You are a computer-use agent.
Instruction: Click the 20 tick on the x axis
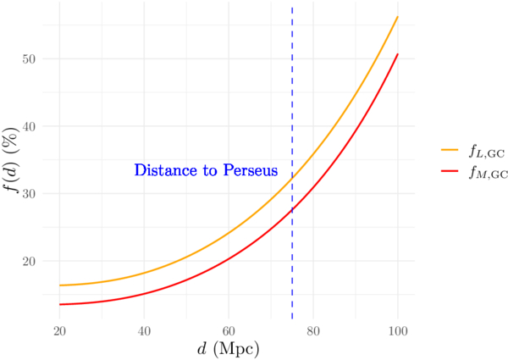coord(59,329)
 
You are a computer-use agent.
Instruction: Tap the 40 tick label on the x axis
coord(144,329)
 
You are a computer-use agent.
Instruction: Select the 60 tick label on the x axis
coord(229,329)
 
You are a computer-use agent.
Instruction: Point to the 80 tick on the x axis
coord(313,329)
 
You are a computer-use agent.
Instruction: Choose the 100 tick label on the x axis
coord(398,329)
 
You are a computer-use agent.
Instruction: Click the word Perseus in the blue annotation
coord(251,171)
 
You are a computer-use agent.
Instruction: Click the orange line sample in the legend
coord(450,150)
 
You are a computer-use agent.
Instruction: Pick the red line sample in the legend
coord(450,172)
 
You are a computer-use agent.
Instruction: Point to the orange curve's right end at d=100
coord(398,17)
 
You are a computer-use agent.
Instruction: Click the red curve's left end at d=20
coord(59,305)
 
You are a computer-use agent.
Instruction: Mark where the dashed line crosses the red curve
coord(292,209)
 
